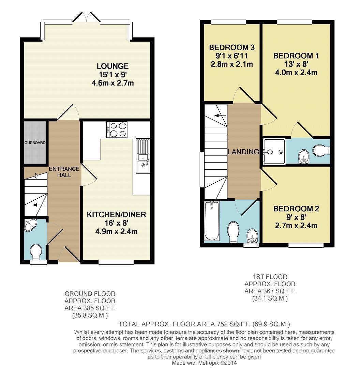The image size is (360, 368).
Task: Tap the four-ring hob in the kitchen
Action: click(117, 130)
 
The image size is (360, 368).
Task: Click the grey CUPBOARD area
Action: click(35, 142)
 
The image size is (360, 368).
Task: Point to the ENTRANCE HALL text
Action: click(64, 172)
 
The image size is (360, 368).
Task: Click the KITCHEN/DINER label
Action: click(116, 215)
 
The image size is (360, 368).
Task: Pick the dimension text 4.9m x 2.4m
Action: click(116, 232)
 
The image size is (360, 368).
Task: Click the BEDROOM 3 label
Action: click(232, 47)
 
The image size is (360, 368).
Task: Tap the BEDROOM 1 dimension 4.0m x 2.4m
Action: click(296, 73)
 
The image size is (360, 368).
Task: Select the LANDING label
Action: click(243, 152)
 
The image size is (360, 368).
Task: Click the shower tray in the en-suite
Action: click(274, 151)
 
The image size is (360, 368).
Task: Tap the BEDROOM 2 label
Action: click(296, 209)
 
